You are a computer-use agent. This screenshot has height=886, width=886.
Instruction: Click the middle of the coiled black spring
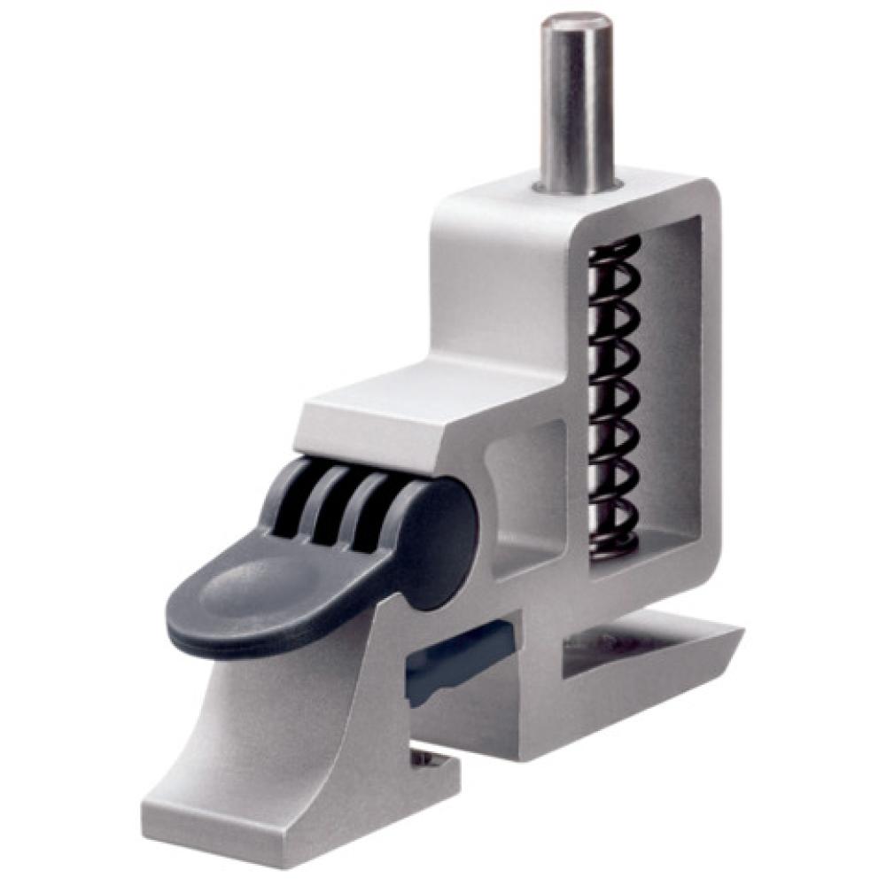pos(615,399)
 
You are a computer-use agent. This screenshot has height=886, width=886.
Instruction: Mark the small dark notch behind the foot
pos(430,760)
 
